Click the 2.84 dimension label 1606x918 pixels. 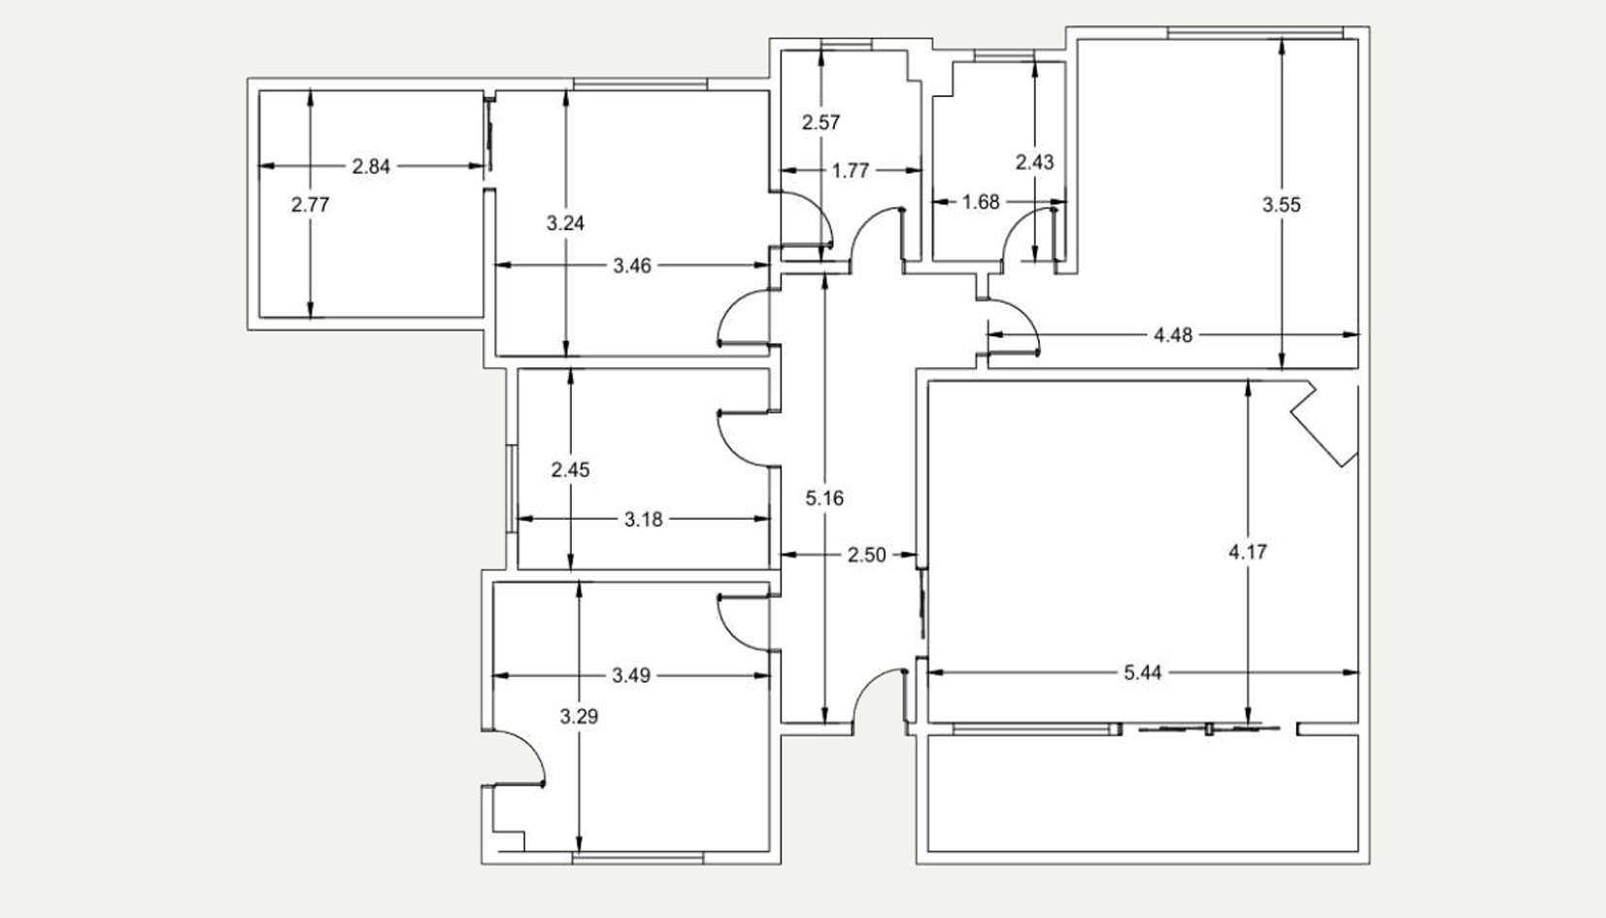(371, 166)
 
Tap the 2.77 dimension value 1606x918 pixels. (310, 205)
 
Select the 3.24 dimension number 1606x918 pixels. (566, 223)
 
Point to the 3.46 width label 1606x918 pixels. (632, 266)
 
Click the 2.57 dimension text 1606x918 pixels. (820, 122)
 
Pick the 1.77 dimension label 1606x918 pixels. (851, 171)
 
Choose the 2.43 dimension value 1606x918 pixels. (1035, 163)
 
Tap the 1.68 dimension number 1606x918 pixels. (980, 202)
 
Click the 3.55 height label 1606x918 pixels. (1282, 205)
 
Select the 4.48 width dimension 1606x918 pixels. (1173, 335)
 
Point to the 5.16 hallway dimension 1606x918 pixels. (824, 498)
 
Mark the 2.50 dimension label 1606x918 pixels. (867, 555)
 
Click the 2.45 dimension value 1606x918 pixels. (571, 470)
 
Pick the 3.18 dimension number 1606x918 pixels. (643, 520)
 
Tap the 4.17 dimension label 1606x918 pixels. (1249, 552)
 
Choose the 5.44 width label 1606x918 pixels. (1142, 673)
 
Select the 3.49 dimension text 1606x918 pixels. (631, 675)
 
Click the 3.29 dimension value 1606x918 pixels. (579, 717)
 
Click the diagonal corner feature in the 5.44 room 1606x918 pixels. (1324, 424)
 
